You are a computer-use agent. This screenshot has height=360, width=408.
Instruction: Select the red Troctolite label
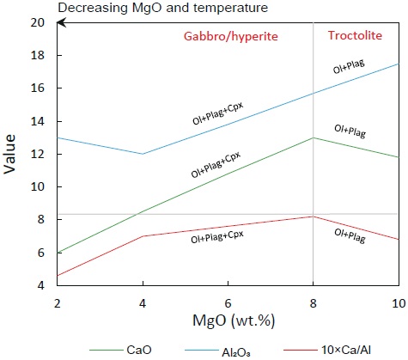tap(356, 35)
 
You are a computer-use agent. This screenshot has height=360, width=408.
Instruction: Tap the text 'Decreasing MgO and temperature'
tap(127, 8)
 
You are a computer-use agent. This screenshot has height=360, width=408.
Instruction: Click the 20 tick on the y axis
tap(38, 22)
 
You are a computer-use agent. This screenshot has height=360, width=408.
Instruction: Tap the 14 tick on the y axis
tap(38, 121)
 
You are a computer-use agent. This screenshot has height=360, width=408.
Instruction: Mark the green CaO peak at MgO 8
tap(313, 137)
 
